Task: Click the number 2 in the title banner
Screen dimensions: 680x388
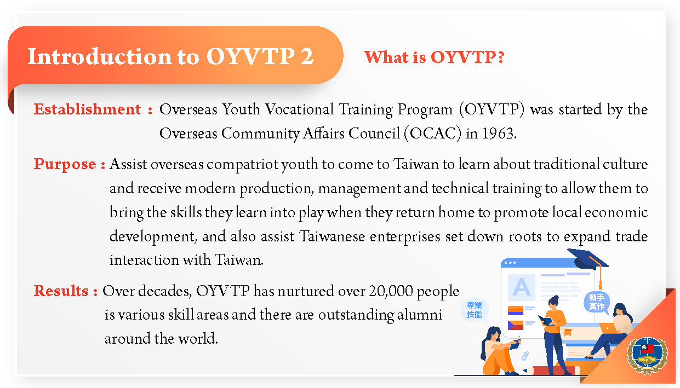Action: click(x=307, y=56)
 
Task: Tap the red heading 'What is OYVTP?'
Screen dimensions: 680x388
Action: click(x=434, y=57)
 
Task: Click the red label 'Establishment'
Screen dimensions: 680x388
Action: click(x=87, y=109)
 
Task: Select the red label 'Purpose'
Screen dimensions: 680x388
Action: click(x=65, y=164)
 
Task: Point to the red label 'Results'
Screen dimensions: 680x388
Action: click(x=61, y=291)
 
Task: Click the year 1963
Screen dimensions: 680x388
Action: click(x=499, y=134)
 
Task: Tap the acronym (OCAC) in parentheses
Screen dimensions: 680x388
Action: click(x=432, y=134)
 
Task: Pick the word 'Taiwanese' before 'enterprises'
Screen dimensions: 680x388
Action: click(x=332, y=236)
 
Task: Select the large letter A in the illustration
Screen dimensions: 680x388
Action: click(x=522, y=287)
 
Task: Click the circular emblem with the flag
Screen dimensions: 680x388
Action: click(x=647, y=355)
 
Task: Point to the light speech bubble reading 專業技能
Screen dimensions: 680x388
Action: click(x=474, y=310)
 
